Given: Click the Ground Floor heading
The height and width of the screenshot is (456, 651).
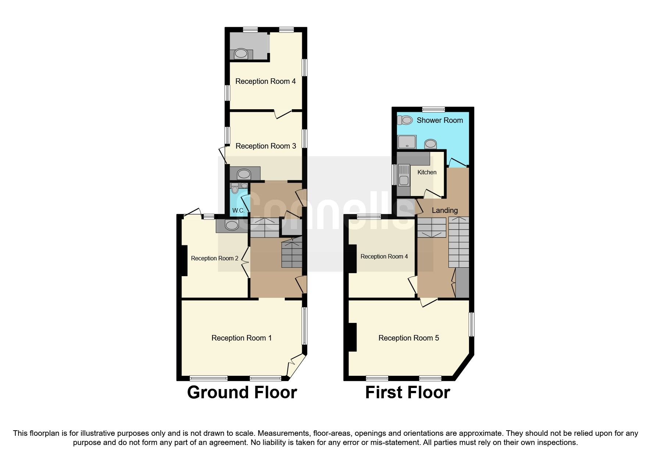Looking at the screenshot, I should point(242,392).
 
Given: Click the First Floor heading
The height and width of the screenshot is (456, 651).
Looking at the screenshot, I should point(407,392).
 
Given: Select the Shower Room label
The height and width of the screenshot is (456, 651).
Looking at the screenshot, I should point(440,120).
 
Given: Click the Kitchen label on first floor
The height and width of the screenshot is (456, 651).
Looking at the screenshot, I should point(427,172).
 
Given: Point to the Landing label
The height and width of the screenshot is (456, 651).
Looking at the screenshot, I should point(444,210).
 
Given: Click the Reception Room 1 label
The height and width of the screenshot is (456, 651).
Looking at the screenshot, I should point(242,338).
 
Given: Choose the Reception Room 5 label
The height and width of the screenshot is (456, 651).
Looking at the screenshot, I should point(408,338).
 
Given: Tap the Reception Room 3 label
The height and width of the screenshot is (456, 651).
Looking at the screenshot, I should point(265,146).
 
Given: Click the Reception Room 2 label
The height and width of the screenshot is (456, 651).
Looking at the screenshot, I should point(215,259).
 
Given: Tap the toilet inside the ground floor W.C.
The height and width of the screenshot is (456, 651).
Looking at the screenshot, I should point(235,190).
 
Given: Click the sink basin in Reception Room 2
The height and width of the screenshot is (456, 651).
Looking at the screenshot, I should point(232,225).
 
